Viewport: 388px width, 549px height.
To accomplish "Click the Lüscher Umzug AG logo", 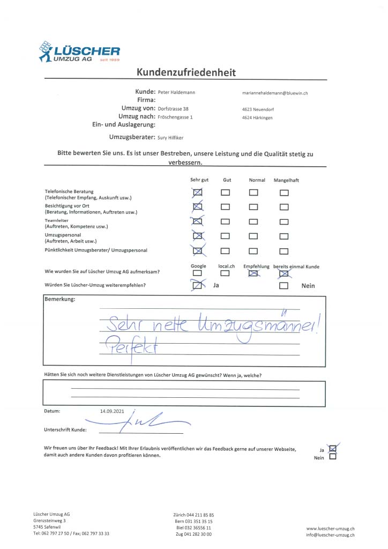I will pyautogui.click(x=79, y=52).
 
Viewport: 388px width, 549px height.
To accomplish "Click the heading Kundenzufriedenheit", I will pyautogui.click(x=186, y=72).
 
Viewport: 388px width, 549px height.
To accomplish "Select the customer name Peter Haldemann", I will pyautogui.click(x=176, y=92).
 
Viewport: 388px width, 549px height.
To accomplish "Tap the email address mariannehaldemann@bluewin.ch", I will pyautogui.click(x=275, y=93).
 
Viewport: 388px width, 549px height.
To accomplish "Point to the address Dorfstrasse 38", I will pyautogui.click(x=173, y=108).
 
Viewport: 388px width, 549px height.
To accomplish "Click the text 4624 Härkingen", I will pyautogui.click(x=257, y=117).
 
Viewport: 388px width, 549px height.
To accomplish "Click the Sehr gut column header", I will pyautogui.click(x=199, y=180).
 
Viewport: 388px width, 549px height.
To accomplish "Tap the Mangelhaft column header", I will pyautogui.click(x=286, y=180).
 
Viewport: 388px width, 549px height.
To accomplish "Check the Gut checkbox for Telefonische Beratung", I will pyautogui.click(x=226, y=192).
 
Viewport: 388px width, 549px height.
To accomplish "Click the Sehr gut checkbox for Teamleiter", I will pyautogui.click(x=198, y=221).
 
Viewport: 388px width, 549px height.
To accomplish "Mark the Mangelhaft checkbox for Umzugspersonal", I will pyautogui.click(x=284, y=235).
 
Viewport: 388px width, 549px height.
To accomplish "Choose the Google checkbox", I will pyautogui.click(x=198, y=273).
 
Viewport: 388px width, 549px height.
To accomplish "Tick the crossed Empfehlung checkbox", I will pyautogui.click(x=253, y=273).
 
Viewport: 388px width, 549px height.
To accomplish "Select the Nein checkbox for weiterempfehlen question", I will pyautogui.click(x=284, y=286).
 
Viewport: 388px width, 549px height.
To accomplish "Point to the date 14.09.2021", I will pyautogui.click(x=111, y=411).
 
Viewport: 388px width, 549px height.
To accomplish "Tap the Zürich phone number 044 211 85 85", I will pyautogui.click(x=193, y=515).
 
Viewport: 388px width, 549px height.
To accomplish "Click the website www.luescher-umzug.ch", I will pyautogui.click(x=330, y=529).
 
